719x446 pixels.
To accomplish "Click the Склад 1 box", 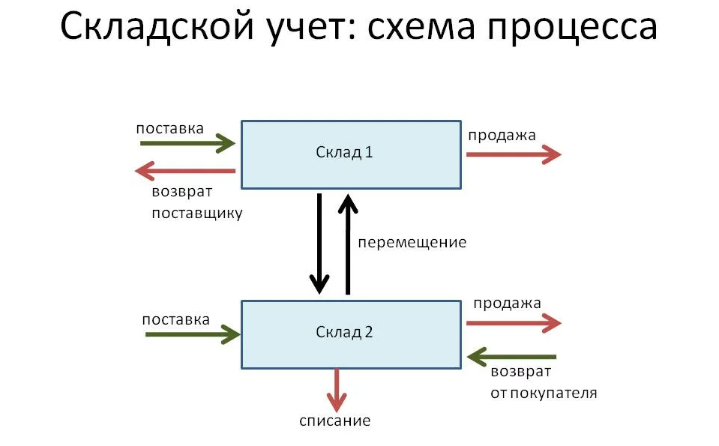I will (350, 154).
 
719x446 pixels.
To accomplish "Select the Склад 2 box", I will (350, 334).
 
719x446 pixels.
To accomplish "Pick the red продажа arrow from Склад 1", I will (514, 154).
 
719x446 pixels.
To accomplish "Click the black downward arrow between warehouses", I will (320, 244).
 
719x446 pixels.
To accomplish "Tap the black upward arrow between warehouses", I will (347, 244).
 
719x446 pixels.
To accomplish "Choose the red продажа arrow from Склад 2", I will (514, 323).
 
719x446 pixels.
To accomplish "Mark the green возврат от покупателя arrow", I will (511, 357).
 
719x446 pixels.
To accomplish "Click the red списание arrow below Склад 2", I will (338, 389).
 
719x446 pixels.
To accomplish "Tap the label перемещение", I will (412, 242).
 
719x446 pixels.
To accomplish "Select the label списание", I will (335, 421).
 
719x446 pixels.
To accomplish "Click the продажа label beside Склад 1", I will (502, 136).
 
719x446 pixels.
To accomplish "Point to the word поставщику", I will (197, 213).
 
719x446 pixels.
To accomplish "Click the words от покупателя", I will (544, 393).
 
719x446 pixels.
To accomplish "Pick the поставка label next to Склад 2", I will (175, 319).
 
